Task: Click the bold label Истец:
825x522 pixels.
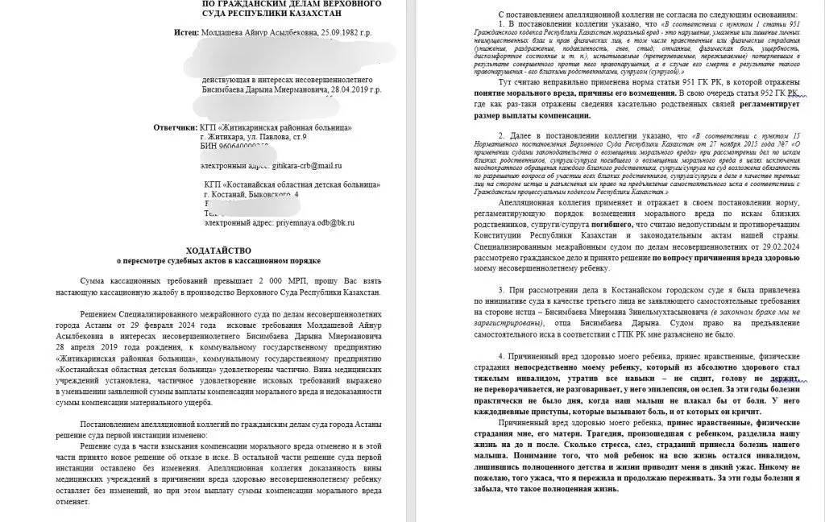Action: [x=189, y=32]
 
